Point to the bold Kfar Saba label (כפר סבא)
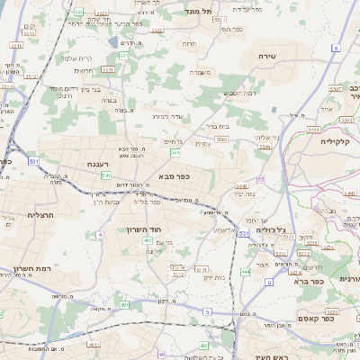pyautogui.click(x=175, y=177)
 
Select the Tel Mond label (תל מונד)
pyautogui.click(x=201, y=11)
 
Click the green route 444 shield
pyautogui.click(x=246, y=271)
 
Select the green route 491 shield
pyautogui.click(x=123, y=305)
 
